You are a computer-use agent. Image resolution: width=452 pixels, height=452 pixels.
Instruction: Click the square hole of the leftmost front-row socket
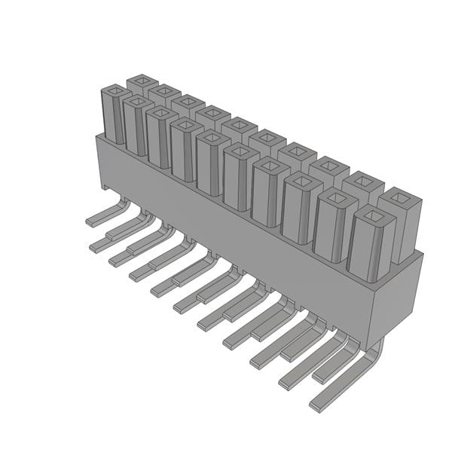pyautogui.click(x=115, y=93)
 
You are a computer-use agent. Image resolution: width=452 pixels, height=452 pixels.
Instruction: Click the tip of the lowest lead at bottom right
pyautogui.click(x=315, y=405)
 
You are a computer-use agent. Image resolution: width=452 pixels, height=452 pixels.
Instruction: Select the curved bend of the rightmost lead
pyautogui.click(x=374, y=354)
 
